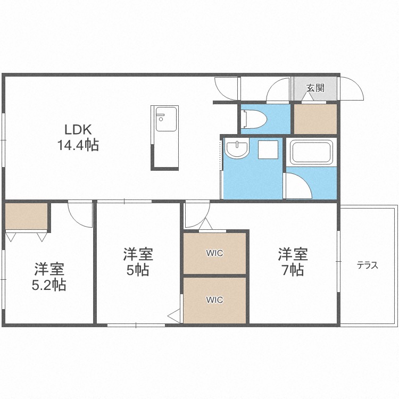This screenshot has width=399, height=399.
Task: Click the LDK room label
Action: (x=78, y=130)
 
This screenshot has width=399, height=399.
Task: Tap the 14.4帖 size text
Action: (x=78, y=145)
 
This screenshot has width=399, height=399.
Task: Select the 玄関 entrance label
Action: (x=315, y=88)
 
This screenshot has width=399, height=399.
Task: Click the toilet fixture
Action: (x=254, y=119)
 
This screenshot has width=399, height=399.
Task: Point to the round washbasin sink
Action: (x=237, y=149)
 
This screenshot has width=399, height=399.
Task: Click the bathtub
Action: (x=312, y=152)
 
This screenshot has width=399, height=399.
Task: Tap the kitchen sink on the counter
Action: (x=166, y=119)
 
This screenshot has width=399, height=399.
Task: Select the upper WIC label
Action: (x=214, y=253)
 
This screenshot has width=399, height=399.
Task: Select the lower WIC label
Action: (x=214, y=300)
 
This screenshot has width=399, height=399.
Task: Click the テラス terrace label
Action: (x=368, y=265)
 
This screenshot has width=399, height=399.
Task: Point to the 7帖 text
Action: (x=293, y=270)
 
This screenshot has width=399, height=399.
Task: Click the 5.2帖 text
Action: (x=49, y=285)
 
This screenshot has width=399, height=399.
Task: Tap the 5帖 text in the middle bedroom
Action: (x=138, y=270)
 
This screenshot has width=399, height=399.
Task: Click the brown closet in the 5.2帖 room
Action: (x=26, y=217)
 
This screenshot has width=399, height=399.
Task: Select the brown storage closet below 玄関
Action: (x=315, y=119)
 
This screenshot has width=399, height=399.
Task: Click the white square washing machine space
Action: (x=268, y=149)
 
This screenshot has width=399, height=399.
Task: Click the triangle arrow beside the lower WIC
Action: (x=174, y=316)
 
